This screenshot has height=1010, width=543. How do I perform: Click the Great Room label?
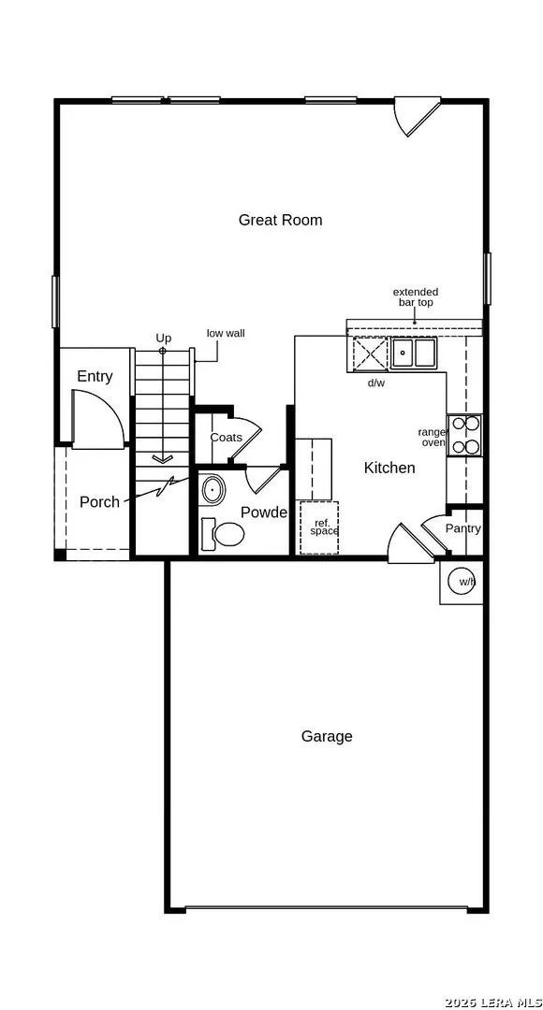pyautogui.click(x=280, y=221)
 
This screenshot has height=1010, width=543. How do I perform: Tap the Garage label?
pyautogui.click(x=327, y=736)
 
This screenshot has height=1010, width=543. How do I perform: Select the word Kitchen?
pyautogui.click(x=389, y=468)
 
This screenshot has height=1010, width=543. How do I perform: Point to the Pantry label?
pyautogui.click(x=463, y=528)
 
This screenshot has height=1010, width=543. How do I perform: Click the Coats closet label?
pyautogui.click(x=227, y=438)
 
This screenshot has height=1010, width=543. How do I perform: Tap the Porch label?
pyautogui.click(x=99, y=502)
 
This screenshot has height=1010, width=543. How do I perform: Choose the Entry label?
pyautogui.click(x=95, y=377)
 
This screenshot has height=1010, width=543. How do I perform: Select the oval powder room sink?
pyautogui.click(x=213, y=491)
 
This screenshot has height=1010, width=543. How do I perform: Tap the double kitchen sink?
pyautogui.click(x=414, y=353)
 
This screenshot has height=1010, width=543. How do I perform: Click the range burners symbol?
pyautogui.click(x=464, y=435)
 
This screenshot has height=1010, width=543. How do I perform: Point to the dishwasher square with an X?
pyautogui.click(x=369, y=353)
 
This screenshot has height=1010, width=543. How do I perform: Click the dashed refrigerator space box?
pyautogui.click(x=318, y=527)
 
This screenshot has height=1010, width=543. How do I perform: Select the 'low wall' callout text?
pyautogui.click(x=226, y=334)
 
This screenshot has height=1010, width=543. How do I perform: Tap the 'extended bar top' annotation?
pyautogui.click(x=416, y=297)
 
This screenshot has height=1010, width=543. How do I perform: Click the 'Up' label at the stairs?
pyautogui.click(x=163, y=339)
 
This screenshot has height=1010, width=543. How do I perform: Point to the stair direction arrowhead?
pyautogui.click(x=163, y=458)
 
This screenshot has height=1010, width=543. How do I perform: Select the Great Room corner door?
pyautogui.click(x=417, y=117)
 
